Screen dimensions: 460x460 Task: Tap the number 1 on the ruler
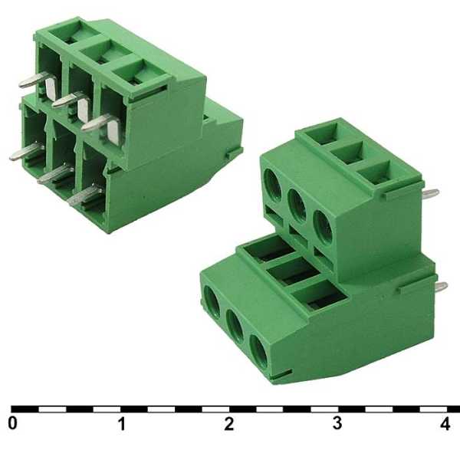point(121,423)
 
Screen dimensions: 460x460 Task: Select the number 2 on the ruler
point(229,423)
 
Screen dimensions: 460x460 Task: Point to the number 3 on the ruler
point(337,423)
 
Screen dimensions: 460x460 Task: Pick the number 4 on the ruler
point(446,423)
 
